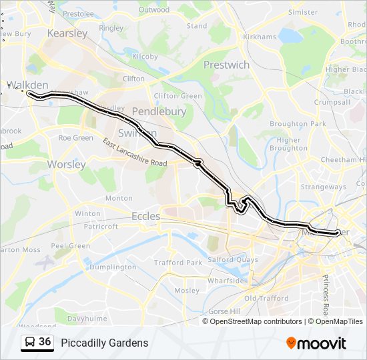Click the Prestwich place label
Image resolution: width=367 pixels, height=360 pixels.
click(226, 65)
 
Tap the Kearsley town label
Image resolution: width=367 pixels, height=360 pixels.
click(67, 33)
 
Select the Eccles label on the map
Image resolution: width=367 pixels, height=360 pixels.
click(145, 216)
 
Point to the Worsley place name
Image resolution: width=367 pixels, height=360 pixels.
click(67, 164)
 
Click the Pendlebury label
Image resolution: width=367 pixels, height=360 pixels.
click(159, 111)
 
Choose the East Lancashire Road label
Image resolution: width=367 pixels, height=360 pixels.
click(134, 153)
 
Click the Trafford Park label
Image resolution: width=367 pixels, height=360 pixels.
click(177, 263)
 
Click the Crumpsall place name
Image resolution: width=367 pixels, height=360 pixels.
click(332, 102)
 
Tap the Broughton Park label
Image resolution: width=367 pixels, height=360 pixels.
click(298, 124)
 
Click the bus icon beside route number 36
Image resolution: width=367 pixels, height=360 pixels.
click(29, 343)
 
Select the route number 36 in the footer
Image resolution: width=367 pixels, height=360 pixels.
click(45, 342)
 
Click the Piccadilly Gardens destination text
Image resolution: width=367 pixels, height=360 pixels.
click(105, 343)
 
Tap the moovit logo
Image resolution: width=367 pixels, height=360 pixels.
click(316, 343)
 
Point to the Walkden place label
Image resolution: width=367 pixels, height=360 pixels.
click(27, 85)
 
